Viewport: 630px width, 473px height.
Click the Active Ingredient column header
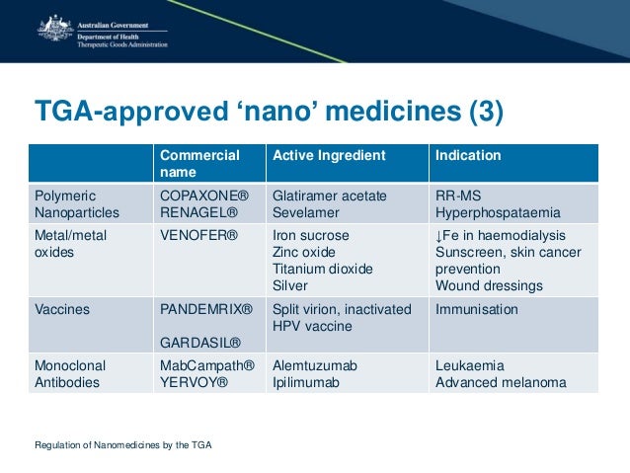click(329, 155)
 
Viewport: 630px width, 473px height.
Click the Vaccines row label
click(62, 309)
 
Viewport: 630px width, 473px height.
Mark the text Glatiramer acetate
click(329, 196)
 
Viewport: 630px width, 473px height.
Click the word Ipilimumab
click(307, 382)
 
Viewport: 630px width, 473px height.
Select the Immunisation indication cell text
click(477, 309)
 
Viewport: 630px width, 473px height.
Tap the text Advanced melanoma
click(501, 382)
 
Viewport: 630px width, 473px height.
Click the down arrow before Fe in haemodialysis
click(439, 235)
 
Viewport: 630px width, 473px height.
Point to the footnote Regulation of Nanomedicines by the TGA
click(122, 444)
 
